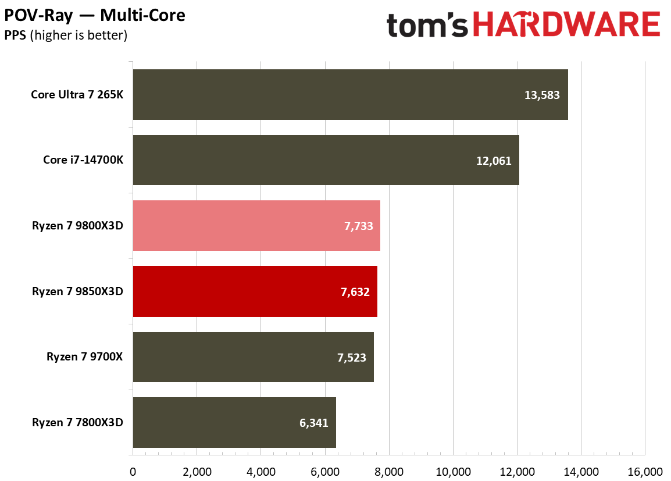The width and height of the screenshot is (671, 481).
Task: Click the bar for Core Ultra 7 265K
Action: click(350, 95)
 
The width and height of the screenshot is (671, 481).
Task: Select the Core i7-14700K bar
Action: click(326, 160)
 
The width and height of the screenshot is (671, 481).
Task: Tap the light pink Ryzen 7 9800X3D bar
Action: click(256, 226)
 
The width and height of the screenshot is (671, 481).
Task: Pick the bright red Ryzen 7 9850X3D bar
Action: click(255, 291)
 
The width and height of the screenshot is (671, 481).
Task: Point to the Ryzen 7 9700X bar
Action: click(253, 357)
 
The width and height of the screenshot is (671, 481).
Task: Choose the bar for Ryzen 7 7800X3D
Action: click(234, 423)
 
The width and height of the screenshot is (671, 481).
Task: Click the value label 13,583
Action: click(541, 95)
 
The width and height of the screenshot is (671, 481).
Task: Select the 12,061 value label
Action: click(494, 161)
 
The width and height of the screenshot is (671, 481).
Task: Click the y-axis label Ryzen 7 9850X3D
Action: click(78, 291)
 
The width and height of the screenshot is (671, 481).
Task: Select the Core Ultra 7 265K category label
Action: click(77, 95)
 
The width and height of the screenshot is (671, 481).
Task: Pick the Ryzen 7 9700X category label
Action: click(85, 357)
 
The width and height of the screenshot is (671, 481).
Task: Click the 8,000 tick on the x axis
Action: click(389, 471)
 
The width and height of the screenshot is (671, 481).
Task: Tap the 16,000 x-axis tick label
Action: click(645, 471)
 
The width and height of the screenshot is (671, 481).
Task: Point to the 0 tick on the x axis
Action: click(133, 471)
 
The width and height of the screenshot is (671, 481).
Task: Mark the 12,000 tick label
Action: click(517, 471)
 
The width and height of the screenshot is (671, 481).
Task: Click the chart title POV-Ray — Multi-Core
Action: click(95, 15)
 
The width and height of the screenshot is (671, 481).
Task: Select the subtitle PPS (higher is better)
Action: click(66, 36)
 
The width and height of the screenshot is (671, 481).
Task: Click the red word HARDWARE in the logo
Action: click(566, 26)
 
